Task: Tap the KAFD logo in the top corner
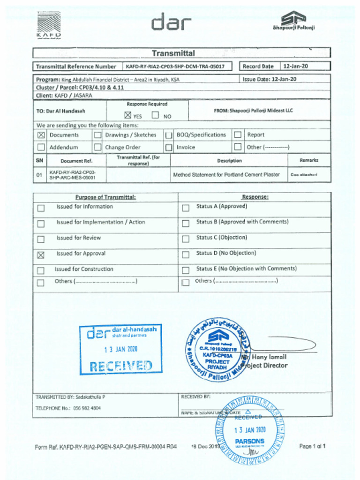(x=49, y=25)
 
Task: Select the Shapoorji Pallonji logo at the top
(x=294, y=21)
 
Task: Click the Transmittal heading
(x=173, y=53)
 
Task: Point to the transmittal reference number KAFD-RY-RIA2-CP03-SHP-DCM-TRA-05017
(x=175, y=67)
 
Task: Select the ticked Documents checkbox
(x=41, y=135)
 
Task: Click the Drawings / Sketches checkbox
(x=97, y=135)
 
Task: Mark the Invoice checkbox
(x=169, y=148)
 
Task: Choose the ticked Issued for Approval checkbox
(x=41, y=255)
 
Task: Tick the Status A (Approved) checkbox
(x=186, y=208)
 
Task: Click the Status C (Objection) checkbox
(x=186, y=239)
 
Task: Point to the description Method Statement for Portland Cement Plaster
(x=226, y=175)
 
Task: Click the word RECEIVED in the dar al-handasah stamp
(x=120, y=366)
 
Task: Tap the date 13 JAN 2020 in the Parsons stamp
(x=250, y=430)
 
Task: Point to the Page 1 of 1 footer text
(x=312, y=446)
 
